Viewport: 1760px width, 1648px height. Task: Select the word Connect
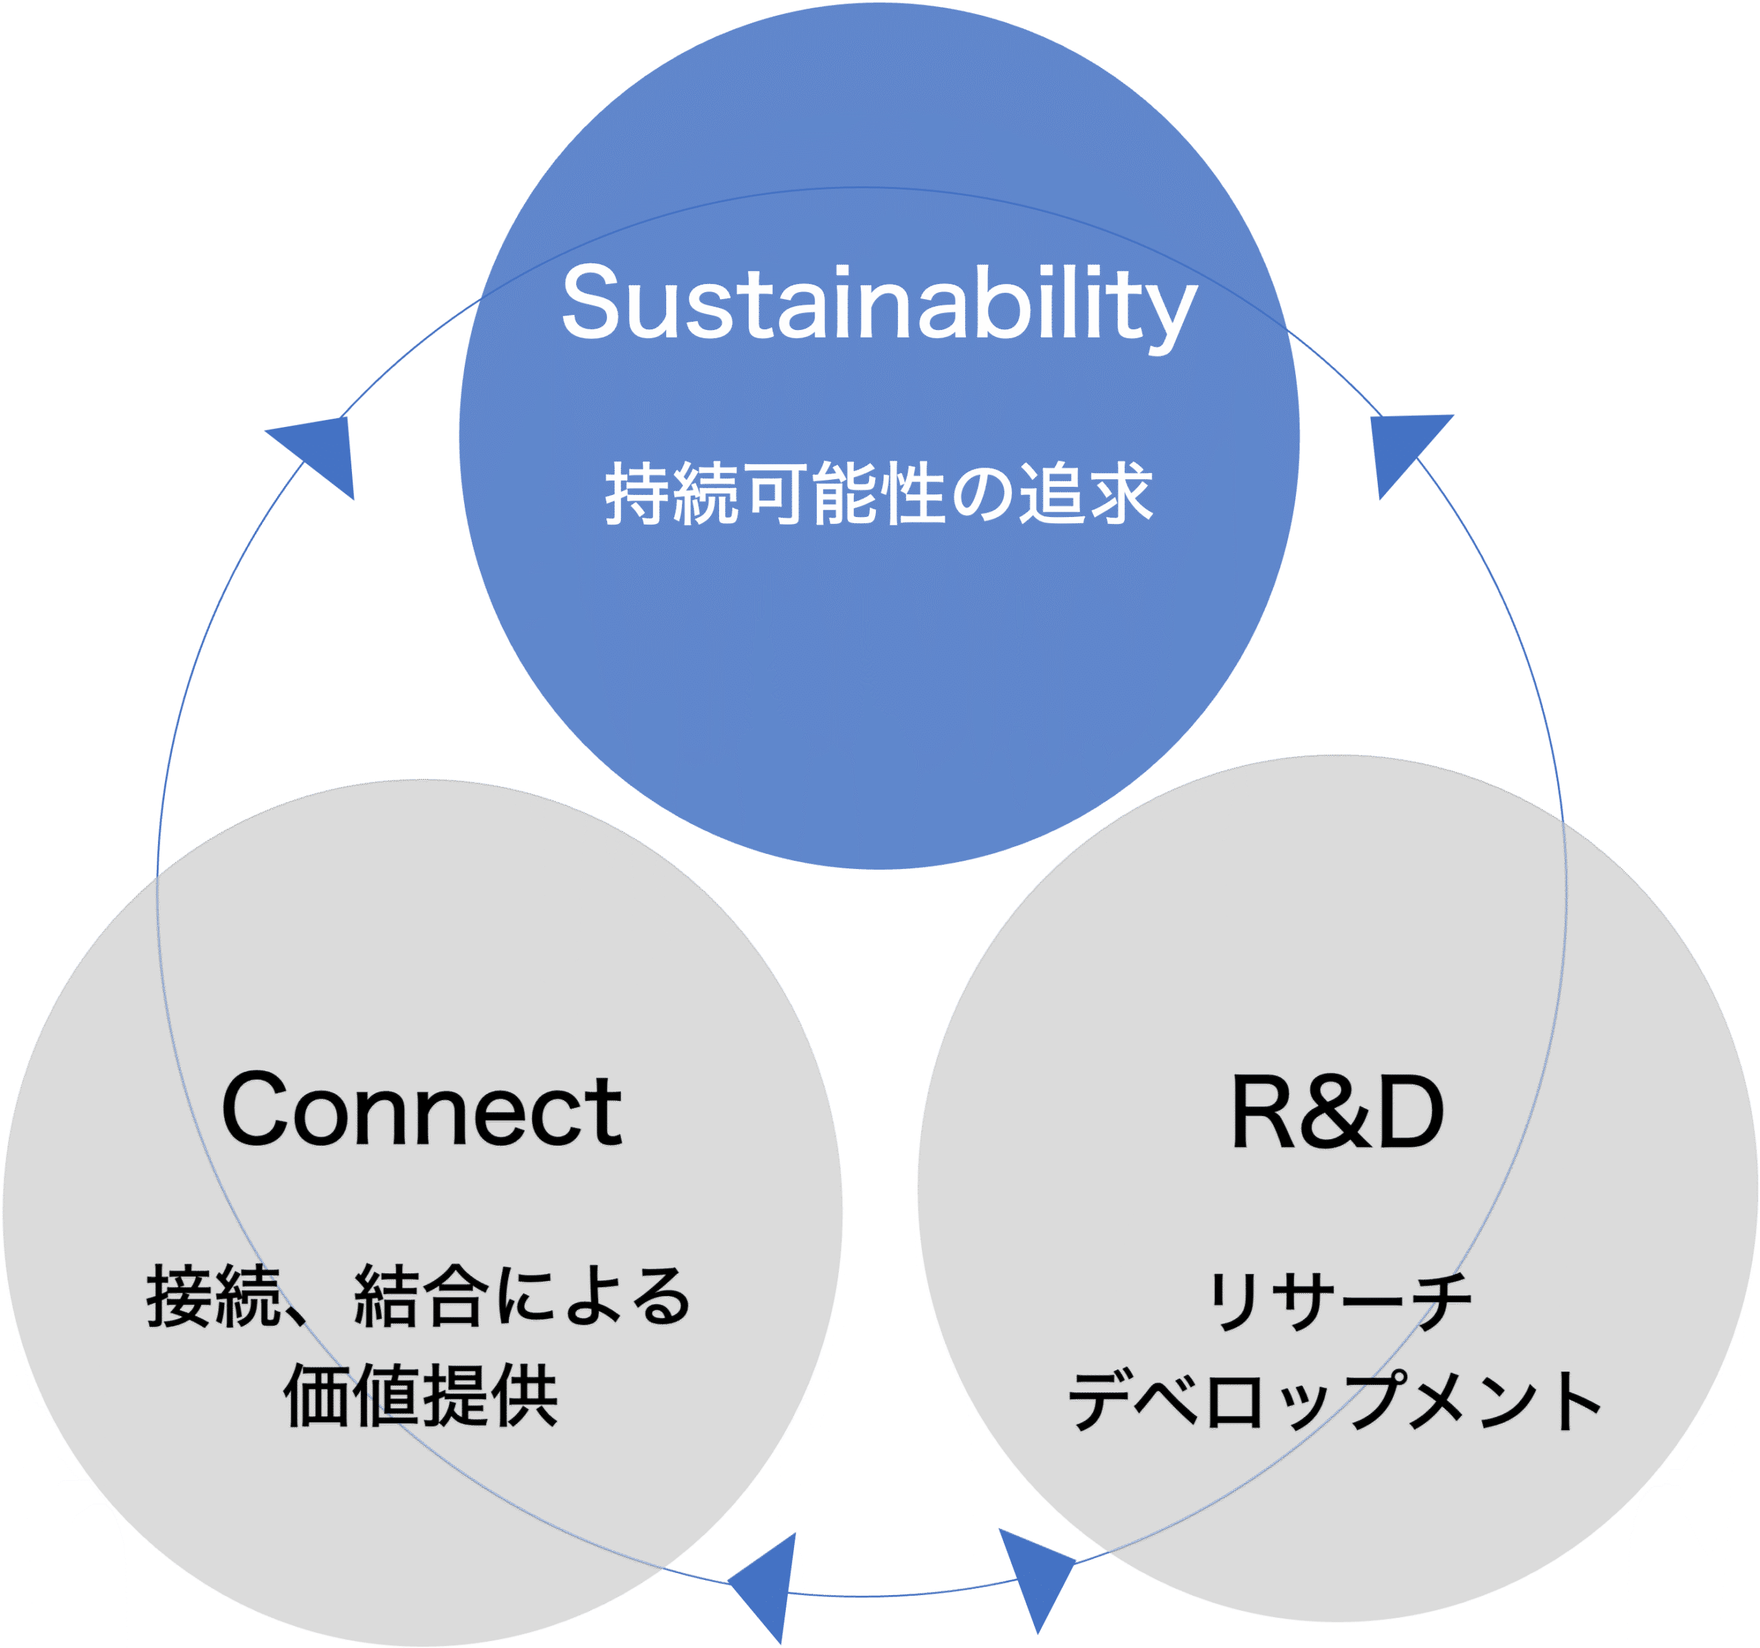tap(421, 1110)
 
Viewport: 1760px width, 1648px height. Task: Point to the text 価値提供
tap(421, 1396)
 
